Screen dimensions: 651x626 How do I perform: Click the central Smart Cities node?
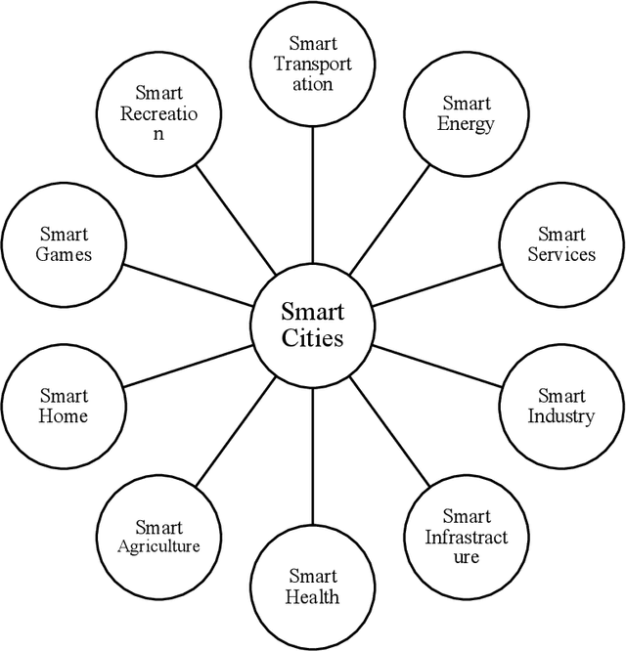pos(312,325)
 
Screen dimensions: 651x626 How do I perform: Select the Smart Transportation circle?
pos(312,63)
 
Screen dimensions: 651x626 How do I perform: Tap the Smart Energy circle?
pos(466,113)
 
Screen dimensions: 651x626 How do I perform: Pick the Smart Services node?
pos(561,243)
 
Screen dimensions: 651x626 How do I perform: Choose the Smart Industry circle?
pos(561,406)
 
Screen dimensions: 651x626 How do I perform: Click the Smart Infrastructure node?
pos(466,537)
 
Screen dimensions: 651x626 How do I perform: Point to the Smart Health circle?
pos(313,586)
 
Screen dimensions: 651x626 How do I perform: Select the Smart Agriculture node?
pos(159,537)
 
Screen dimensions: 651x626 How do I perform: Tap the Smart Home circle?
pos(64,406)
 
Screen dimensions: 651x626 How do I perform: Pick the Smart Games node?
pos(64,243)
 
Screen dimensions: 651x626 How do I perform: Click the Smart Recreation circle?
pos(158,113)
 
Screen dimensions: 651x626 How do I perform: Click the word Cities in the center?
pos(312,339)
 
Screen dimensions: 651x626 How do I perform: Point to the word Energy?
pos(466,124)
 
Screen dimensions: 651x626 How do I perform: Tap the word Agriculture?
pos(159,546)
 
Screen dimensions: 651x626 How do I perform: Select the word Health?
pos(313,597)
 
